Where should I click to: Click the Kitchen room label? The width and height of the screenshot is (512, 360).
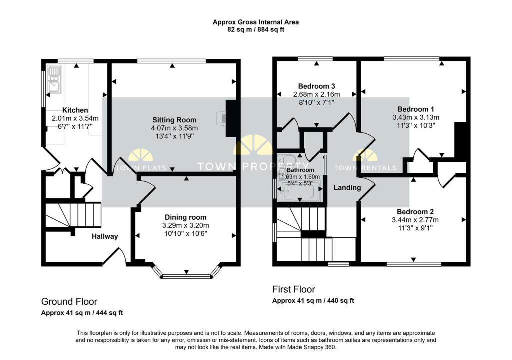click(x=75, y=110)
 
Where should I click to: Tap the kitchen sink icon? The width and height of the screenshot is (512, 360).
click(x=54, y=79)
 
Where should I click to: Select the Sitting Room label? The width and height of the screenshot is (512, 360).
click(x=174, y=120)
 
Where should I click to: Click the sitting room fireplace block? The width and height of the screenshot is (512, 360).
click(x=231, y=118)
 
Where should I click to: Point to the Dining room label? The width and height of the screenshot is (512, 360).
click(x=185, y=217)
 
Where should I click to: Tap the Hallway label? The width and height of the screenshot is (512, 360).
click(x=105, y=236)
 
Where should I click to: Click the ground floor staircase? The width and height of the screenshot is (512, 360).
click(x=73, y=215)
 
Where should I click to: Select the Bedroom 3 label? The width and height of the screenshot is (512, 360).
click(x=316, y=86)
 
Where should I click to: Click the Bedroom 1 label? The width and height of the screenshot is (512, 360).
click(x=415, y=109)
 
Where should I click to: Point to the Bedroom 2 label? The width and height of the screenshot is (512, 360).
click(x=415, y=211)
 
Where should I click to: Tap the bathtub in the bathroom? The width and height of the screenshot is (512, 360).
click(x=299, y=191)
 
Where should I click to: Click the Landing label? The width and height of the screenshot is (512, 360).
click(x=347, y=188)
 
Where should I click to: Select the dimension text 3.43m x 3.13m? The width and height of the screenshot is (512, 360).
click(x=416, y=117)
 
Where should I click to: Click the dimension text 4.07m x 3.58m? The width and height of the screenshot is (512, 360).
click(x=174, y=128)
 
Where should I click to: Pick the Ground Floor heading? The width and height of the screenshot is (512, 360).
click(x=69, y=301)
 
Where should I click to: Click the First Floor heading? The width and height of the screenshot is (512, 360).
click(x=294, y=289)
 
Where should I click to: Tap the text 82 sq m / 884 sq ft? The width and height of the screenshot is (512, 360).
click(x=256, y=29)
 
